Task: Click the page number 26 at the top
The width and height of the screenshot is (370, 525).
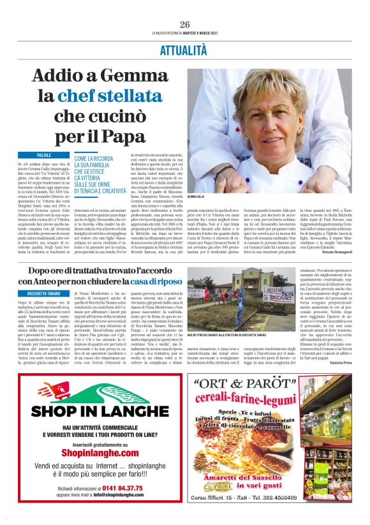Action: click(x=185, y=24)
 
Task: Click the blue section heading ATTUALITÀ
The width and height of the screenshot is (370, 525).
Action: click(x=184, y=49)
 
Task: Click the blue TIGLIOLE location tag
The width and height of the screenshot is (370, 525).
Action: click(x=44, y=155)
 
